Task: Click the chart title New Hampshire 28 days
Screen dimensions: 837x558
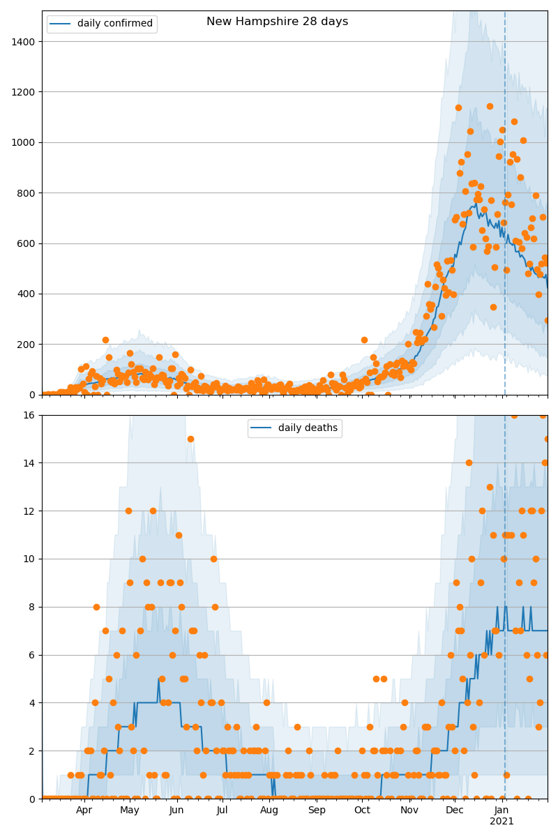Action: pyautogui.click(x=277, y=22)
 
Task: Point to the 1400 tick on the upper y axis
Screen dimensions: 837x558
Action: pyautogui.click(x=24, y=41)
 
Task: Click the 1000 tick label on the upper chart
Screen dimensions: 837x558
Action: pyautogui.click(x=24, y=142)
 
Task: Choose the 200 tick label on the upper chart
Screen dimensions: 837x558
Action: pyautogui.click(x=27, y=345)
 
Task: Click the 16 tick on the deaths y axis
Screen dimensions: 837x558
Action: pyautogui.click(x=30, y=415)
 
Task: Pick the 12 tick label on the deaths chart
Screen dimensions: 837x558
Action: pyautogui.click(x=30, y=511)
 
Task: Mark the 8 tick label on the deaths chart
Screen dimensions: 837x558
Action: pyautogui.click(x=33, y=607)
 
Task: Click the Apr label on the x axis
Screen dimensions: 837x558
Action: pyautogui.click(x=84, y=810)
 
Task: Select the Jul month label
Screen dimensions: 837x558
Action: pyautogui.click(x=222, y=810)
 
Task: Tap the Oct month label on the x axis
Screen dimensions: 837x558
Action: pyautogui.click(x=362, y=810)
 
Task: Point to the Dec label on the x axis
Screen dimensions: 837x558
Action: pyautogui.click(x=455, y=810)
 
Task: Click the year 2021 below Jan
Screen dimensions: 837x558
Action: pyautogui.click(x=502, y=822)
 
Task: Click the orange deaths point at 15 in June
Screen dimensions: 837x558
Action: pyautogui.click(x=190, y=439)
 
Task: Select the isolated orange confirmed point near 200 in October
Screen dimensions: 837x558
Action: pyautogui.click(x=364, y=340)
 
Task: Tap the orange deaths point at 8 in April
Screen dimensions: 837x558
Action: pyautogui.click(x=96, y=607)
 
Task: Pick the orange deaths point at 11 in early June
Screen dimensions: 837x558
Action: pyautogui.click(x=179, y=535)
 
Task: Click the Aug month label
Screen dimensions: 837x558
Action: pyautogui.click(x=269, y=810)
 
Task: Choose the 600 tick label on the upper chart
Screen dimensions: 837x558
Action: pyautogui.click(x=27, y=243)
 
